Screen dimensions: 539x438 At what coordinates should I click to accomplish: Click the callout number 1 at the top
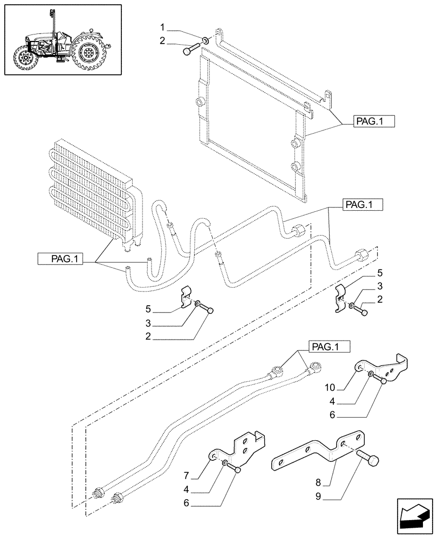click(162, 26)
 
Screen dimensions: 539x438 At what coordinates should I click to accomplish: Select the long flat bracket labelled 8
click(318, 451)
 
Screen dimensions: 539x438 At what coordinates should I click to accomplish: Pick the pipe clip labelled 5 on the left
click(186, 298)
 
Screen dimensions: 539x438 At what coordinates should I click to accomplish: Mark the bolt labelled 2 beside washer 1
click(188, 51)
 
